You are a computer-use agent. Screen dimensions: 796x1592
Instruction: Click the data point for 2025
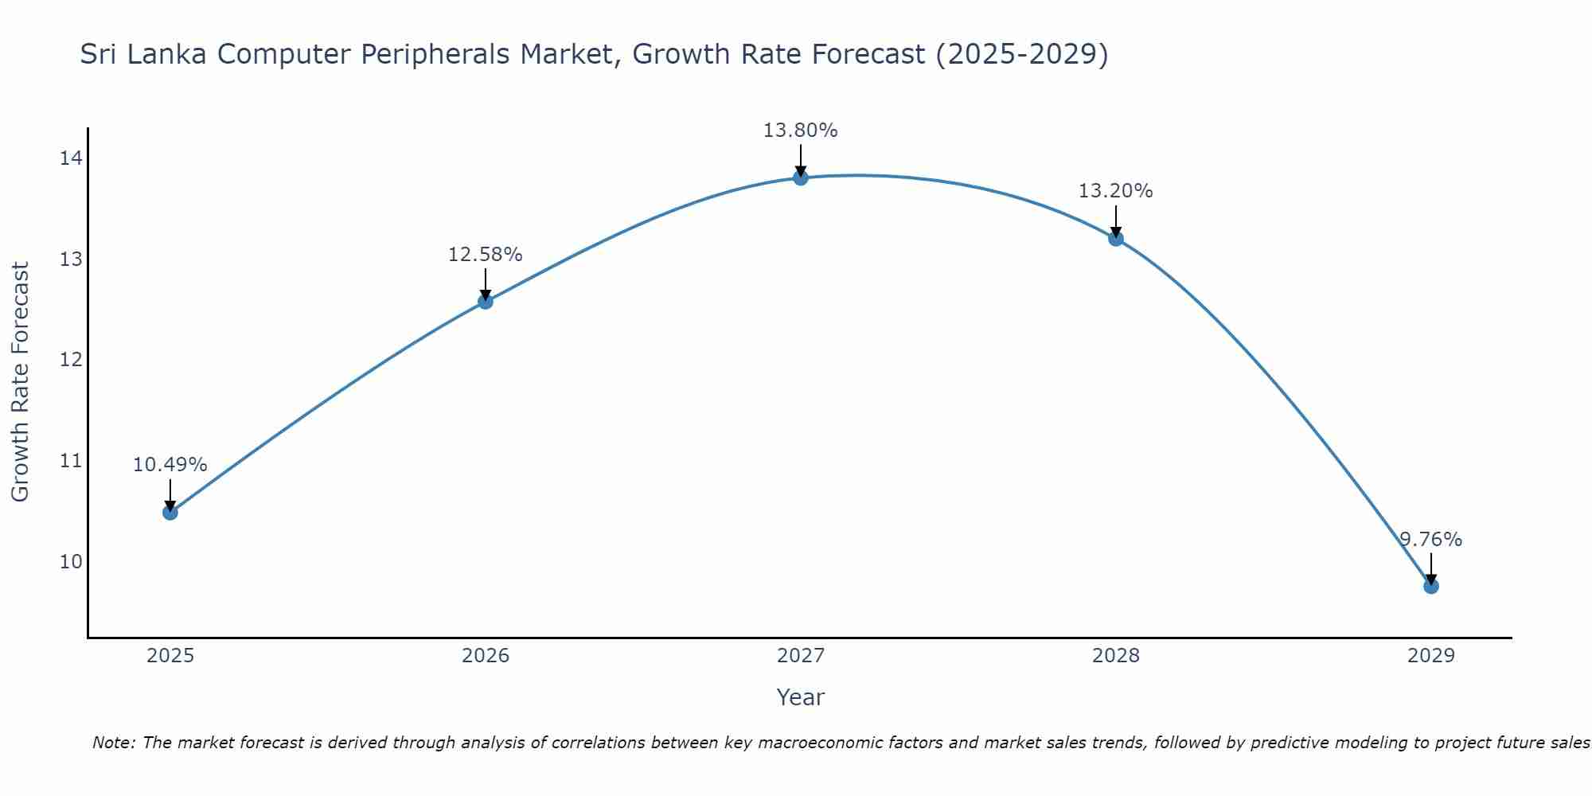pos(170,512)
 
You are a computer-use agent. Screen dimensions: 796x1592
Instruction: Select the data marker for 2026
pos(486,301)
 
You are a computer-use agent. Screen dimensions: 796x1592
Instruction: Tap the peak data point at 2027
pos(801,178)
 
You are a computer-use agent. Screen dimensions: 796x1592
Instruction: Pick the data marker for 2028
pos(1116,238)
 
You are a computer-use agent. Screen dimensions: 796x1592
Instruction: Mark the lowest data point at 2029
pos(1430,586)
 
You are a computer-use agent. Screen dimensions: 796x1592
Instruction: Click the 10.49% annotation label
pos(170,465)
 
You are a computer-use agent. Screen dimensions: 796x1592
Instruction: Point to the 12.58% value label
pos(486,255)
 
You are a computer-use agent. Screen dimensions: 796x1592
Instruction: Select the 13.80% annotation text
pos(801,131)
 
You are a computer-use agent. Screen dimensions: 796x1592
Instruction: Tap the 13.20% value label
pos(1116,191)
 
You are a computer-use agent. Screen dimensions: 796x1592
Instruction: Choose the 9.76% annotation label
pos(1430,540)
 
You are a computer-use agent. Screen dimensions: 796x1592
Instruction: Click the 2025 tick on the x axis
pos(170,656)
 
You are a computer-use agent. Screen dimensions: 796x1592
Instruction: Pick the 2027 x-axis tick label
pos(801,656)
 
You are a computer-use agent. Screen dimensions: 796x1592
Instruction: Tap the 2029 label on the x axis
pos(1430,656)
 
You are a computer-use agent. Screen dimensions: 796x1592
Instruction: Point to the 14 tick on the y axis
pos(71,158)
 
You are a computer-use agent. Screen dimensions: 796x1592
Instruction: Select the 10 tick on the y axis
pos(71,562)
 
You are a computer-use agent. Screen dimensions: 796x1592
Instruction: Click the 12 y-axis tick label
pos(71,360)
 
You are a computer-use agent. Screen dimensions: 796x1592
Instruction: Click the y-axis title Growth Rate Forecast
pos(21,381)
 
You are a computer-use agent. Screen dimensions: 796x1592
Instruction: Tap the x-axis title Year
pos(801,697)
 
